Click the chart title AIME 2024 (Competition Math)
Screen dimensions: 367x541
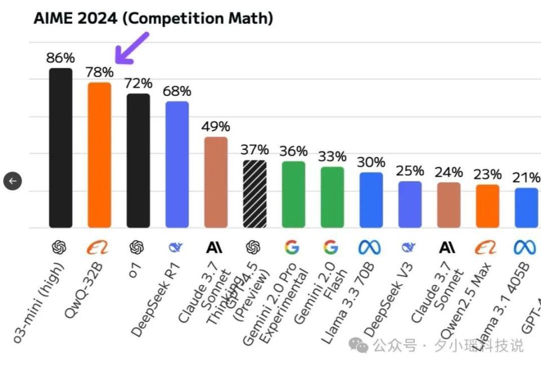point(153,18)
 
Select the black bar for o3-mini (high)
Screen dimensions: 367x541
point(61,148)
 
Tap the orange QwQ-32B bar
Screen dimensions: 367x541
point(99,155)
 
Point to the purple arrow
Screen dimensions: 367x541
point(131,47)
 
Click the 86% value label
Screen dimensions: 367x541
point(60,58)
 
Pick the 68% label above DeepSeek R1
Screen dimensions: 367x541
point(177,91)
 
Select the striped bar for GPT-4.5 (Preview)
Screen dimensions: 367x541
point(255,194)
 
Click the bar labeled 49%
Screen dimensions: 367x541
point(216,182)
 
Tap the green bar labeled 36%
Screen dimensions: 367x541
point(294,194)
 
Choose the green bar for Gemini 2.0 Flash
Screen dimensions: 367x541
point(332,197)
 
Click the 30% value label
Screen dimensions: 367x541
point(371,162)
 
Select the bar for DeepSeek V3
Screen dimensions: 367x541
point(410,204)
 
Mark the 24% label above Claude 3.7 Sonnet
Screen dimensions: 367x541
point(449,172)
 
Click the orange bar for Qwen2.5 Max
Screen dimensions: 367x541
point(487,206)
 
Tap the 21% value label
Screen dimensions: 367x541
point(526,178)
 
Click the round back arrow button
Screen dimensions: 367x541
point(12,181)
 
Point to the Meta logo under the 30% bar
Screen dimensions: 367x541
point(370,247)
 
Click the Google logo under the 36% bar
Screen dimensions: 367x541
point(292,247)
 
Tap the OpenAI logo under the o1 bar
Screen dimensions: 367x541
point(137,247)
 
